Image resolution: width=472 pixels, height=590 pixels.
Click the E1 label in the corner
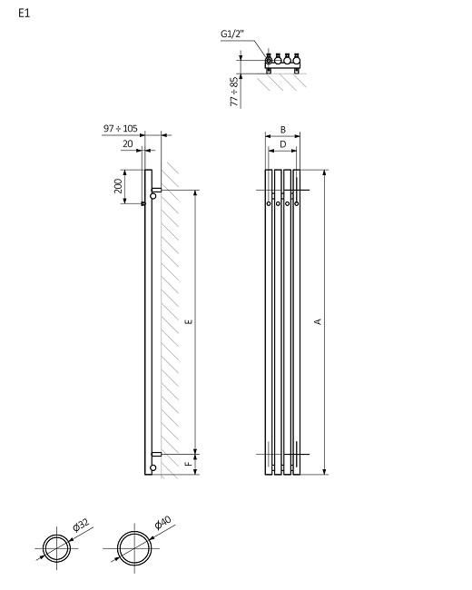coord(25,15)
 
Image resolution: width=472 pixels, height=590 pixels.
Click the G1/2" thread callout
coord(234,34)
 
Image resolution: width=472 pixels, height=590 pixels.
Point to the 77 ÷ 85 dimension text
coord(234,92)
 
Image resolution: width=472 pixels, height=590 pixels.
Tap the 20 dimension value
coord(127,143)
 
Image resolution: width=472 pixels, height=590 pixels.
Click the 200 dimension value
coord(118,186)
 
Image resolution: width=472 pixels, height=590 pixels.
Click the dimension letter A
coord(318,321)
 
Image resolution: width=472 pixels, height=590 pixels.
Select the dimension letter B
coord(283,130)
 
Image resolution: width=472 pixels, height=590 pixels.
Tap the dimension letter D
coord(283,143)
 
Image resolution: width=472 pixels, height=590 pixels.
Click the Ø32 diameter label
coord(82,526)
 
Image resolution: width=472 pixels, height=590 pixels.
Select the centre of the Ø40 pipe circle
coord(139,548)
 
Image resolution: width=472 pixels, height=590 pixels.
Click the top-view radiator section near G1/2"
coord(282,63)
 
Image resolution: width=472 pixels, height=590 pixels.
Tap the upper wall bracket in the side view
coord(156,191)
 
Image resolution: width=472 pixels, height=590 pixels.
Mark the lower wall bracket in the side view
coord(156,452)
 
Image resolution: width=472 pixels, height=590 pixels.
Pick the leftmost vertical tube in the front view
coord(269,321)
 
